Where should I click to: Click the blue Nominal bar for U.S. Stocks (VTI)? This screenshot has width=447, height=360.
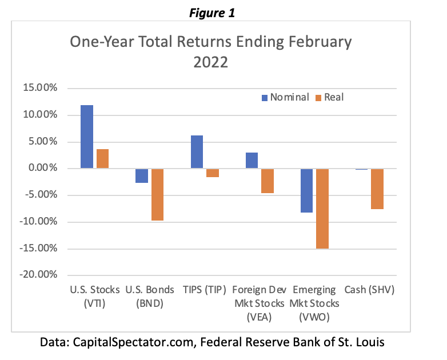[86, 137]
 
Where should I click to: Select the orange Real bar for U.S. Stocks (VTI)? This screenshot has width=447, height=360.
[102, 158]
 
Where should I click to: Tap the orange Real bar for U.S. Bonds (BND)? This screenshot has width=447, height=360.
[157, 194]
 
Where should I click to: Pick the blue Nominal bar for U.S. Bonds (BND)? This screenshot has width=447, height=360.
[141, 175]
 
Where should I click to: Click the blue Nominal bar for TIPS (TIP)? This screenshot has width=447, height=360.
[197, 152]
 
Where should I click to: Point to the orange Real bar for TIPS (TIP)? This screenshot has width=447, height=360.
[212, 173]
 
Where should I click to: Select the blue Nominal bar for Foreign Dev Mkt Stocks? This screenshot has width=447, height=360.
[252, 161]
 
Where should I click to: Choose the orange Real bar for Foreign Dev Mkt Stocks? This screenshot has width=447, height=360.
[267, 181]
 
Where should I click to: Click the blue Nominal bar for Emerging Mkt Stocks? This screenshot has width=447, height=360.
[306, 190]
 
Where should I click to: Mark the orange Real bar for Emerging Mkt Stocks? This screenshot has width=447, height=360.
[322, 209]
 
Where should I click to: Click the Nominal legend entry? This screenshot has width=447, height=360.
[285, 97]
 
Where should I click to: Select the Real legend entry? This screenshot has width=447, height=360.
[329, 97]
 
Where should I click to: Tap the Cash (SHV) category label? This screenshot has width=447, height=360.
[369, 289]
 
